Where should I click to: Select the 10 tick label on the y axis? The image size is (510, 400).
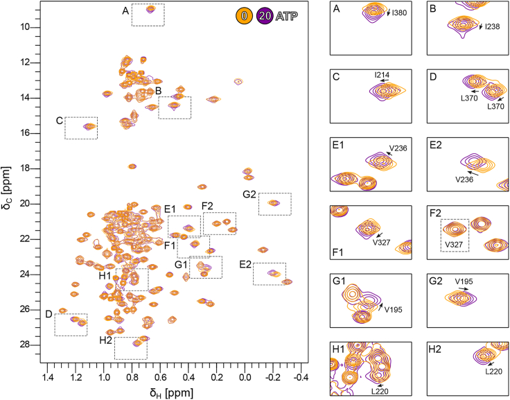pos(31,27)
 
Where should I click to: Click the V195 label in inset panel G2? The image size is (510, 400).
pos(464,281)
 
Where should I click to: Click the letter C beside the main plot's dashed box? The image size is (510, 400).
pos(59,121)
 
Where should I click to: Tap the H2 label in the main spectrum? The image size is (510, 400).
pos(105,340)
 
